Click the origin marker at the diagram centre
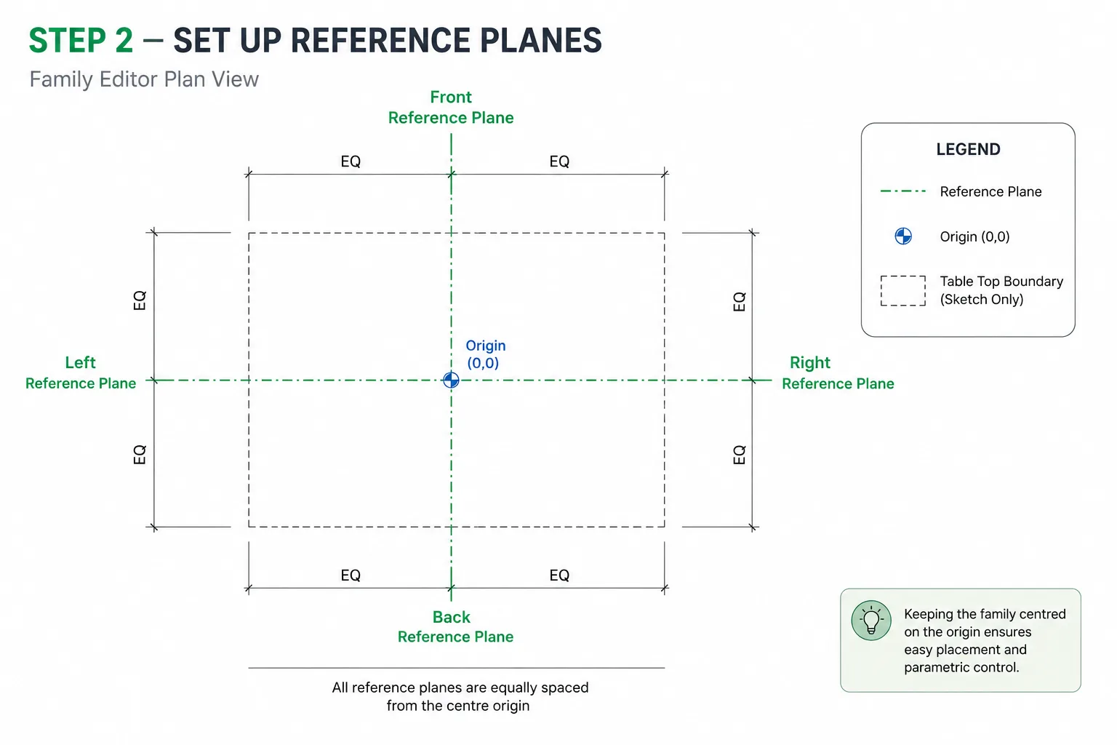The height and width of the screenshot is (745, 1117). [x=451, y=381]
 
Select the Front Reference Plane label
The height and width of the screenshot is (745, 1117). [x=451, y=107]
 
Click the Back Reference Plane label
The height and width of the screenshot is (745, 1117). [x=455, y=626]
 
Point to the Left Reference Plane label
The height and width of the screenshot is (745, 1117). [x=81, y=372]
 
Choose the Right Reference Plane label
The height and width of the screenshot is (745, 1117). [x=838, y=372]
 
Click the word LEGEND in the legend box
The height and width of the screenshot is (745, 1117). [x=968, y=149]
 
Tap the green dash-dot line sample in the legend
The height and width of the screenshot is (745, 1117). [x=903, y=191]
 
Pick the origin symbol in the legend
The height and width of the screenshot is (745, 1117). [x=903, y=236]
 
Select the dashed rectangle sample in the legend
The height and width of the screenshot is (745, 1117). [x=903, y=290]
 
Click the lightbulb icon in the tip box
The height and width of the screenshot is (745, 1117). [x=871, y=621]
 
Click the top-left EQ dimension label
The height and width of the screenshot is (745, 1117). [x=351, y=162]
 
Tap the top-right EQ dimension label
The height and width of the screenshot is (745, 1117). [x=559, y=162]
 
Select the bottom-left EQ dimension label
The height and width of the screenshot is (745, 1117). [x=351, y=575]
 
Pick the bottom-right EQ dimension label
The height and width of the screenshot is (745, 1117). [x=559, y=575]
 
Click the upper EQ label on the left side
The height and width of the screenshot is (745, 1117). [x=140, y=300]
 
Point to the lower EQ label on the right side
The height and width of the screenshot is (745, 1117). [x=739, y=455]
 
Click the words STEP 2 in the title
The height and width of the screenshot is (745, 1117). [x=81, y=41]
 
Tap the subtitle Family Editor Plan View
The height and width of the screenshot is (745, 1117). [x=144, y=79]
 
